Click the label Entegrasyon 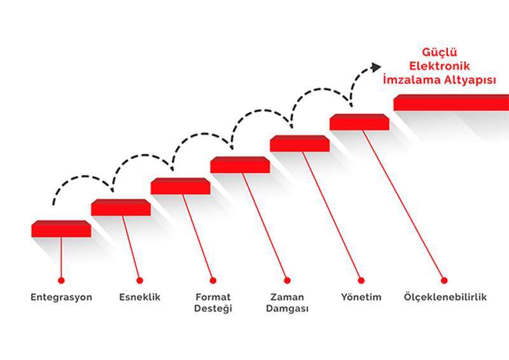pos(61,297)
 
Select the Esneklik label pos(140,297)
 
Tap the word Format pos(213,297)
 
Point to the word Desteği pos(213,308)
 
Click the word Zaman pos(288,297)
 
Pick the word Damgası pos(288,308)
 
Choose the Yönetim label pos(361,297)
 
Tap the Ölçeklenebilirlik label pos(445,296)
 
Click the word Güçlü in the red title pos(440,52)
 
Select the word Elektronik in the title pos(440,66)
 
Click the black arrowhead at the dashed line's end pos(376,67)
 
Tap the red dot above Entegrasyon pos(61,280)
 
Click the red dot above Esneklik pos(140,280)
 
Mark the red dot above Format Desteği pos(213,280)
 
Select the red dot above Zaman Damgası pos(288,280)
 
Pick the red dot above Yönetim pos(361,280)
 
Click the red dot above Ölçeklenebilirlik pos(444,280)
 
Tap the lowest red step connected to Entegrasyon pos(61,229)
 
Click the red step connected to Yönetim pos(359,122)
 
